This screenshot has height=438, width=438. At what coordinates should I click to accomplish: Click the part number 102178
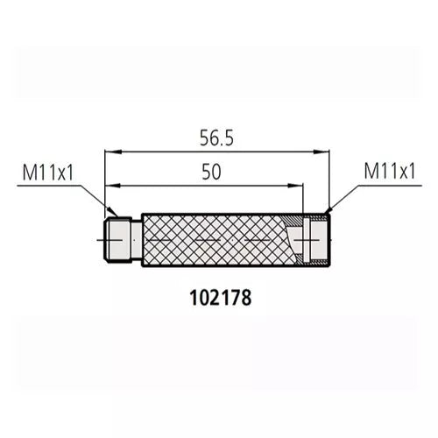pyautogui.click(x=220, y=298)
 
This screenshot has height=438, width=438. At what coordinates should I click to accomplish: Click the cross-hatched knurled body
pyautogui.click(x=215, y=240)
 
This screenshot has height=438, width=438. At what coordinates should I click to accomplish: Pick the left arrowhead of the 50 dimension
pyautogui.click(x=109, y=186)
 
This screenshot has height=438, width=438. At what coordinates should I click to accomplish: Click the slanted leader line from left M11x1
pyautogui.click(x=96, y=197)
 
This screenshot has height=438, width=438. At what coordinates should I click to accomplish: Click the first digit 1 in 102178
pyautogui.click(x=193, y=298)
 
